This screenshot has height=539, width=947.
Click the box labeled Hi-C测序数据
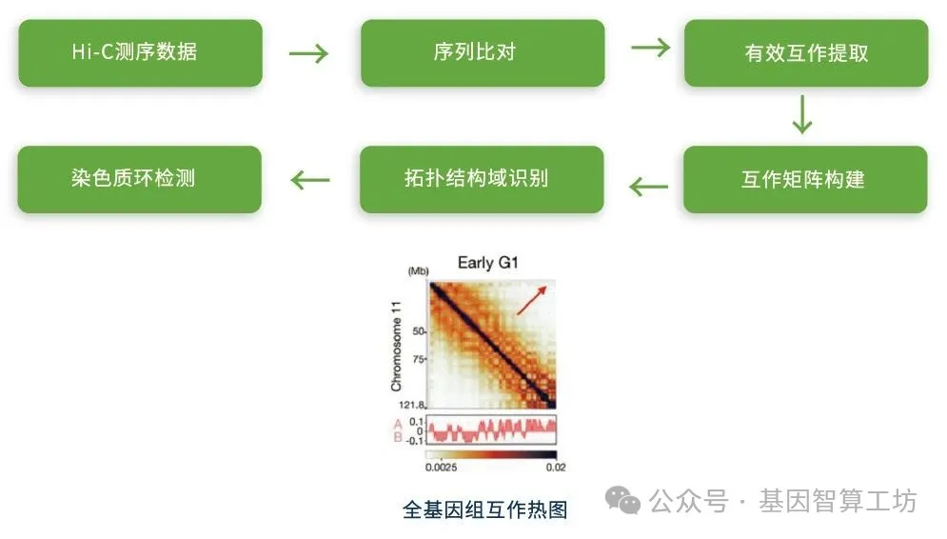coord(140,52)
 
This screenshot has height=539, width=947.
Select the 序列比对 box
coord(482,52)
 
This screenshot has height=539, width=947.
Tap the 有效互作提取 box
coord(805,53)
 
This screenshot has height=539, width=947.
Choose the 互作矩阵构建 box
coord(804,179)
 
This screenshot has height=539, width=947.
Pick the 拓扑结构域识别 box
coord(482,179)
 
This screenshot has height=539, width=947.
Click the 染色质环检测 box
coord(140,179)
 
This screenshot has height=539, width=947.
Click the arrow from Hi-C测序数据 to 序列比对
coord(309,53)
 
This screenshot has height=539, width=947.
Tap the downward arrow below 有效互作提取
coord(802,115)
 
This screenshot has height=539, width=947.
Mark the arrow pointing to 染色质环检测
coord(310,179)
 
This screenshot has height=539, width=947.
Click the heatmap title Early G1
coord(488,263)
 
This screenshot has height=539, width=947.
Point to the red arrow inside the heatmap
coord(532,299)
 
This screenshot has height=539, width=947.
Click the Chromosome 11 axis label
coord(397,347)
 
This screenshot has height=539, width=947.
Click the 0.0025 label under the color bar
coord(441,467)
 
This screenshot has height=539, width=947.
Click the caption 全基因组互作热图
coord(485,509)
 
